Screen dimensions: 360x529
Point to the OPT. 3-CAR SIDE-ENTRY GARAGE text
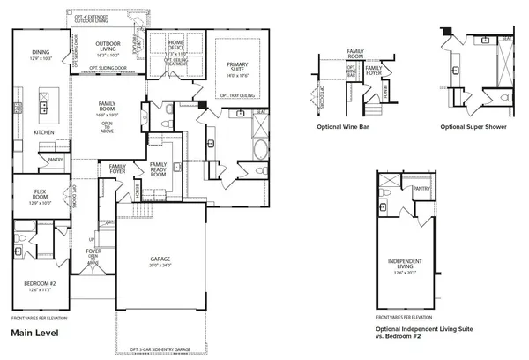160,349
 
